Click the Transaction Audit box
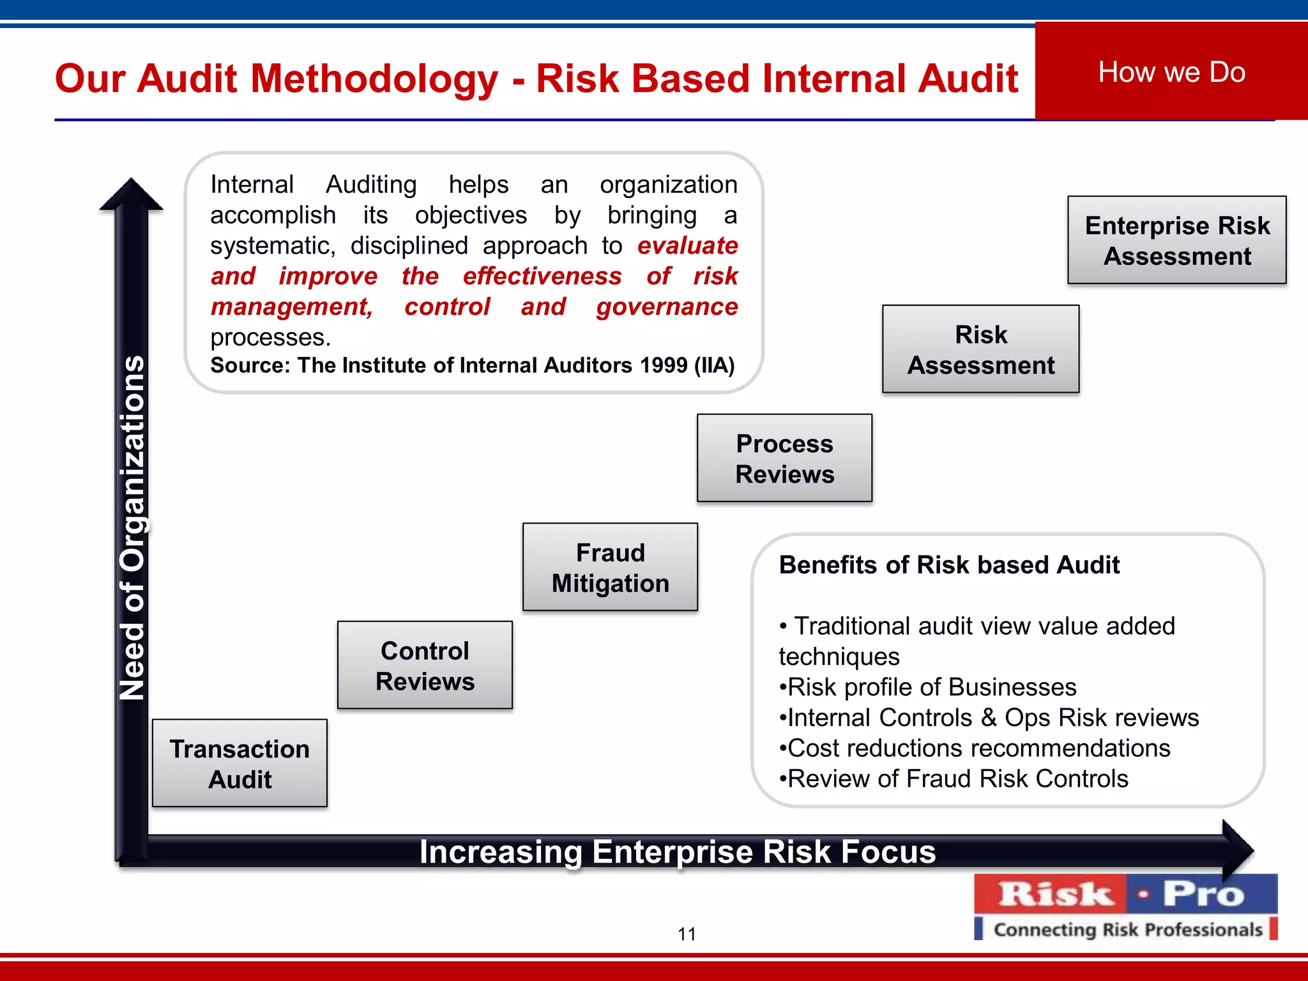[x=240, y=764]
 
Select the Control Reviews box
[x=425, y=665]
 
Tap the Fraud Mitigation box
[x=610, y=568]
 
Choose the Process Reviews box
[x=784, y=459]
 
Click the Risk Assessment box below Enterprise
[x=980, y=349]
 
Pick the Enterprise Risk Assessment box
[x=1176, y=240]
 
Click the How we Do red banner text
[x=1171, y=72]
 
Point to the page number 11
[x=687, y=934]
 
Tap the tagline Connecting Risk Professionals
[x=1128, y=930]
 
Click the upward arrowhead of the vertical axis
[x=131, y=194]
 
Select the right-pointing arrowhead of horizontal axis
[x=1238, y=850]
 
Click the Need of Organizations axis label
[x=133, y=528]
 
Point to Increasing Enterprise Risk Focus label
[x=677, y=852]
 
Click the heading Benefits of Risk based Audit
[x=949, y=565]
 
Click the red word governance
[x=667, y=307]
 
